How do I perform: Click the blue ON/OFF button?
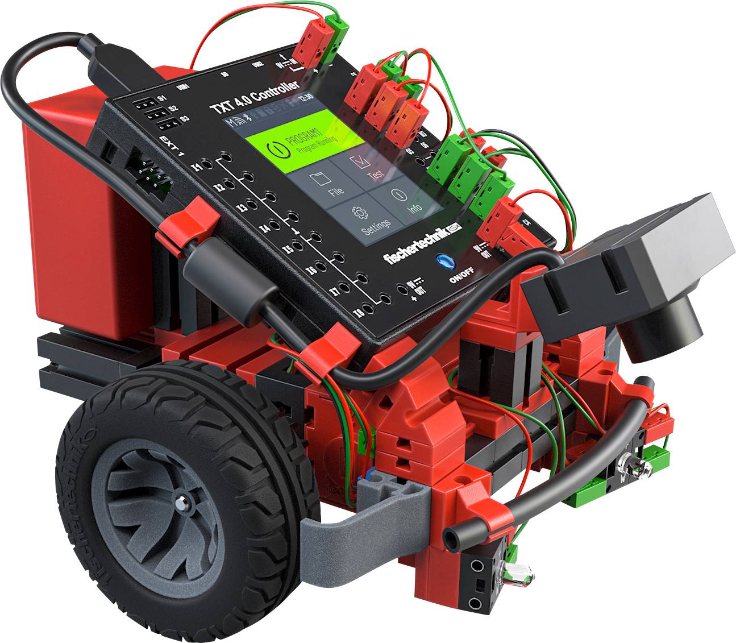[444, 262]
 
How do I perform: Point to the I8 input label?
[359, 313]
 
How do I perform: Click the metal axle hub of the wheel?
[181, 502]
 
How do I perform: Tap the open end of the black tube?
[453, 534]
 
